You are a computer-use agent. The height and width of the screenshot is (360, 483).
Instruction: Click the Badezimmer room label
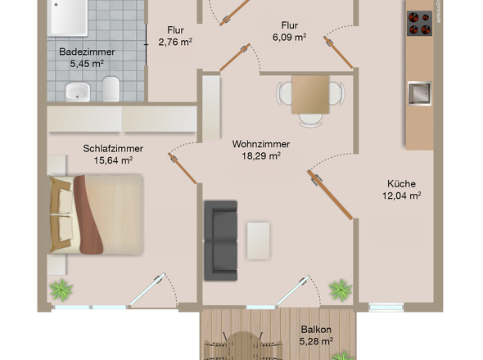pyautogui.click(x=87, y=52)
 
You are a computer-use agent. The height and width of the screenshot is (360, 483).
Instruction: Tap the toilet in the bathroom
pyautogui.click(x=111, y=88)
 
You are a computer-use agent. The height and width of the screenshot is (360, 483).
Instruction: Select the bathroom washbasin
pyautogui.click(x=77, y=92)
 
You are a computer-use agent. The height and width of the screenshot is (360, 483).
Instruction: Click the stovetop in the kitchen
pyautogui.click(x=419, y=24)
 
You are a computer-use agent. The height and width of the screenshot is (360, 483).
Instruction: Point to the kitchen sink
pyautogui.click(x=419, y=93)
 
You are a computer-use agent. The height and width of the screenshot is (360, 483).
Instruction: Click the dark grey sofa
pyautogui.click(x=221, y=241)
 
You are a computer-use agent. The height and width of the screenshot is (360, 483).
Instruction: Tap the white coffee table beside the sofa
pyautogui.click(x=258, y=241)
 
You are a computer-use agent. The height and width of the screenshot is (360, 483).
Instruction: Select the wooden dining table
pyautogui.click(x=310, y=94)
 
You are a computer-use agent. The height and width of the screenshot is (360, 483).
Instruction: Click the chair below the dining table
pyautogui.click(x=310, y=120)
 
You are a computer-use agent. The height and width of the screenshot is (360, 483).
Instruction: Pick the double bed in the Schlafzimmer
pyautogui.click(x=97, y=214)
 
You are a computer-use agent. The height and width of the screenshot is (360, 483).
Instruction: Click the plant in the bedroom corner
pyautogui.click(x=61, y=290)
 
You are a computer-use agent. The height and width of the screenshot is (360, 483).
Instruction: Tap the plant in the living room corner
pyautogui.click(x=341, y=290)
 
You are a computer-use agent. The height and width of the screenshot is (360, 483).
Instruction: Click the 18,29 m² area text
pyautogui.click(x=261, y=155)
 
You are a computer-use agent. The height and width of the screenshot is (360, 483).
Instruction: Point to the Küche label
pyautogui.click(x=401, y=184)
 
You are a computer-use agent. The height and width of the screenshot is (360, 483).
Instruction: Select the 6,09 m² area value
pyautogui.click(x=289, y=38)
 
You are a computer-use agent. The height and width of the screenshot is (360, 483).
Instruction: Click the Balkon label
pyautogui.click(x=316, y=330)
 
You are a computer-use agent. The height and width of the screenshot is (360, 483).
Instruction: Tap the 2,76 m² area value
pyautogui.click(x=175, y=42)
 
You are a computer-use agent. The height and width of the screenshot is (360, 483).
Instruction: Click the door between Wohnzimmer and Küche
pyautogui.click(x=330, y=195)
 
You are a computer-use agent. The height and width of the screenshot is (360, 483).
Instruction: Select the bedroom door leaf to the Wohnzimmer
pyautogui.click(x=183, y=169)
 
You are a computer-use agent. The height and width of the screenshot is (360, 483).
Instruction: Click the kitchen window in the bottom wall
pyautogui.click(x=386, y=307)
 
